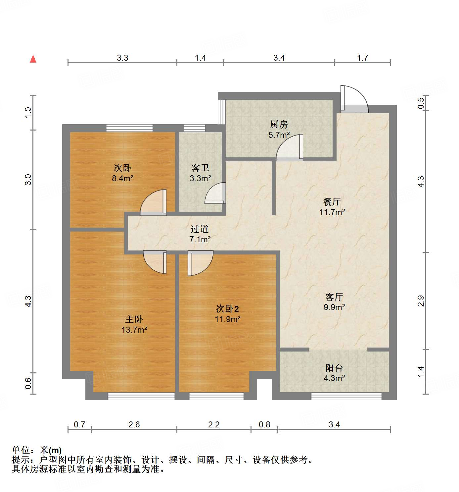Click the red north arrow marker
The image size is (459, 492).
click(x=33, y=59)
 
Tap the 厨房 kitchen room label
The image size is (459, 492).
click(x=279, y=125)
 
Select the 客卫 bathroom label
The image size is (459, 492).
click(x=200, y=168)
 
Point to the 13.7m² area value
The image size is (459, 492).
click(x=134, y=330)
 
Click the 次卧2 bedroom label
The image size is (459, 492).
click(x=227, y=309)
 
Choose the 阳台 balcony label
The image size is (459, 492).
click(x=334, y=368)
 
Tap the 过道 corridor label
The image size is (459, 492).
click(x=200, y=229)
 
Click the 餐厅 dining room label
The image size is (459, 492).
click(x=332, y=201)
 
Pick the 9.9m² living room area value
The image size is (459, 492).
click(x=334, y=307)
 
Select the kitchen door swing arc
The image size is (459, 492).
click(x=290, y=147)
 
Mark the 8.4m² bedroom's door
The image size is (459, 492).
click(x=153, y=202)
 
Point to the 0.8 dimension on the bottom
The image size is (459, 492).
click(x=264, y=424)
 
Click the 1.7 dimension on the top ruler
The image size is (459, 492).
click(x=362, y=58)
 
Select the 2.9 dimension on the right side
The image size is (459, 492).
click(x=421, y=301)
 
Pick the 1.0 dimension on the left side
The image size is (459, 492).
click(x=28, y=112)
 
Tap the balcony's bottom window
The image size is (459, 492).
click(x=346, y=396)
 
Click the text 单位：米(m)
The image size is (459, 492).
click(x=37, y=450)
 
